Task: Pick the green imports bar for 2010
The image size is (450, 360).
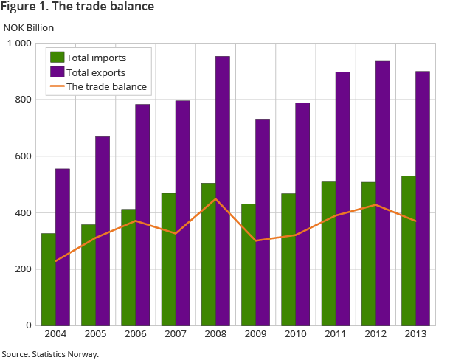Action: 288,259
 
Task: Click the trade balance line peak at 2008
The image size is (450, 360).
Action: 215,199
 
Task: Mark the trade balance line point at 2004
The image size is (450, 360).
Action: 56,261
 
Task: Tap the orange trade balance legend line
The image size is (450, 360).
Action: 57,86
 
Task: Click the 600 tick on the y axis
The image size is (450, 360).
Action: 24,156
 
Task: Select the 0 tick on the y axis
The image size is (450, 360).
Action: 28,325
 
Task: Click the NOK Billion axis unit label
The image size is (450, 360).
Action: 29,27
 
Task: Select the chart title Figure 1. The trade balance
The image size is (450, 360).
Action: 77,7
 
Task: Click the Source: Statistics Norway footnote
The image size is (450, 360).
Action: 50,354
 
